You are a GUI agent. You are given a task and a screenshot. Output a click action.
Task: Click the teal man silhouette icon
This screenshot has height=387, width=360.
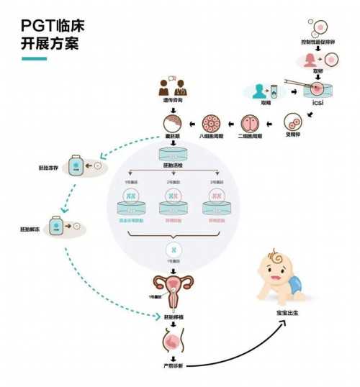tap(256, 91)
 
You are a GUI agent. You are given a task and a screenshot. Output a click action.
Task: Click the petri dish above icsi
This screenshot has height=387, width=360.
tap(318, 90)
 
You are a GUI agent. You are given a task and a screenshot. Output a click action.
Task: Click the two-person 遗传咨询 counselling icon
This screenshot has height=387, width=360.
tap(171, 88)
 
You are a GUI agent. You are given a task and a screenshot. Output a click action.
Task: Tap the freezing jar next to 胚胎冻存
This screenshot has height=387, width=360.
tap(76, 166)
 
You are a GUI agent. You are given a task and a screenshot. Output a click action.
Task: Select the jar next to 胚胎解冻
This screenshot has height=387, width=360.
tap(55, 227)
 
